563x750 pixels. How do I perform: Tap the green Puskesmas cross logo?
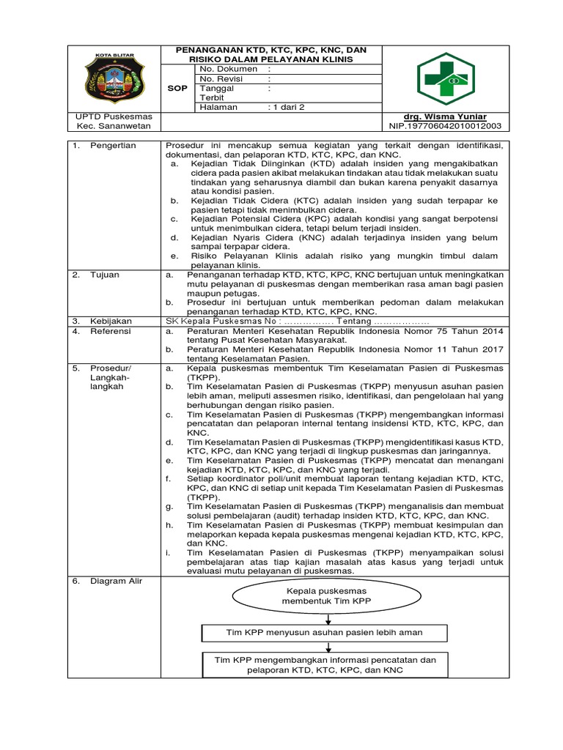[446, 78]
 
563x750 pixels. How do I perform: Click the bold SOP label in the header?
[179, 88]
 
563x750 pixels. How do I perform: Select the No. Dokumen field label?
[229, 69]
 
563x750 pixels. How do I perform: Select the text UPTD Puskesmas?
[114, 116]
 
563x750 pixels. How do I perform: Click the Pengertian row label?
[113, 145]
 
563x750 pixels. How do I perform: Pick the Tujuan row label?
[105, 275]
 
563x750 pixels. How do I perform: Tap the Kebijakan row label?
[111, 322]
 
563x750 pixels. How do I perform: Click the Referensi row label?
[111, 331]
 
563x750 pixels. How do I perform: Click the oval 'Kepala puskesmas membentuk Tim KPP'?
[327, 595]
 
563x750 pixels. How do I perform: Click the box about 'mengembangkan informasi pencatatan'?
[325, 665]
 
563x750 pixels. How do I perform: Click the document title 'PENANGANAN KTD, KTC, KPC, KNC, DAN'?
[271, 50]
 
